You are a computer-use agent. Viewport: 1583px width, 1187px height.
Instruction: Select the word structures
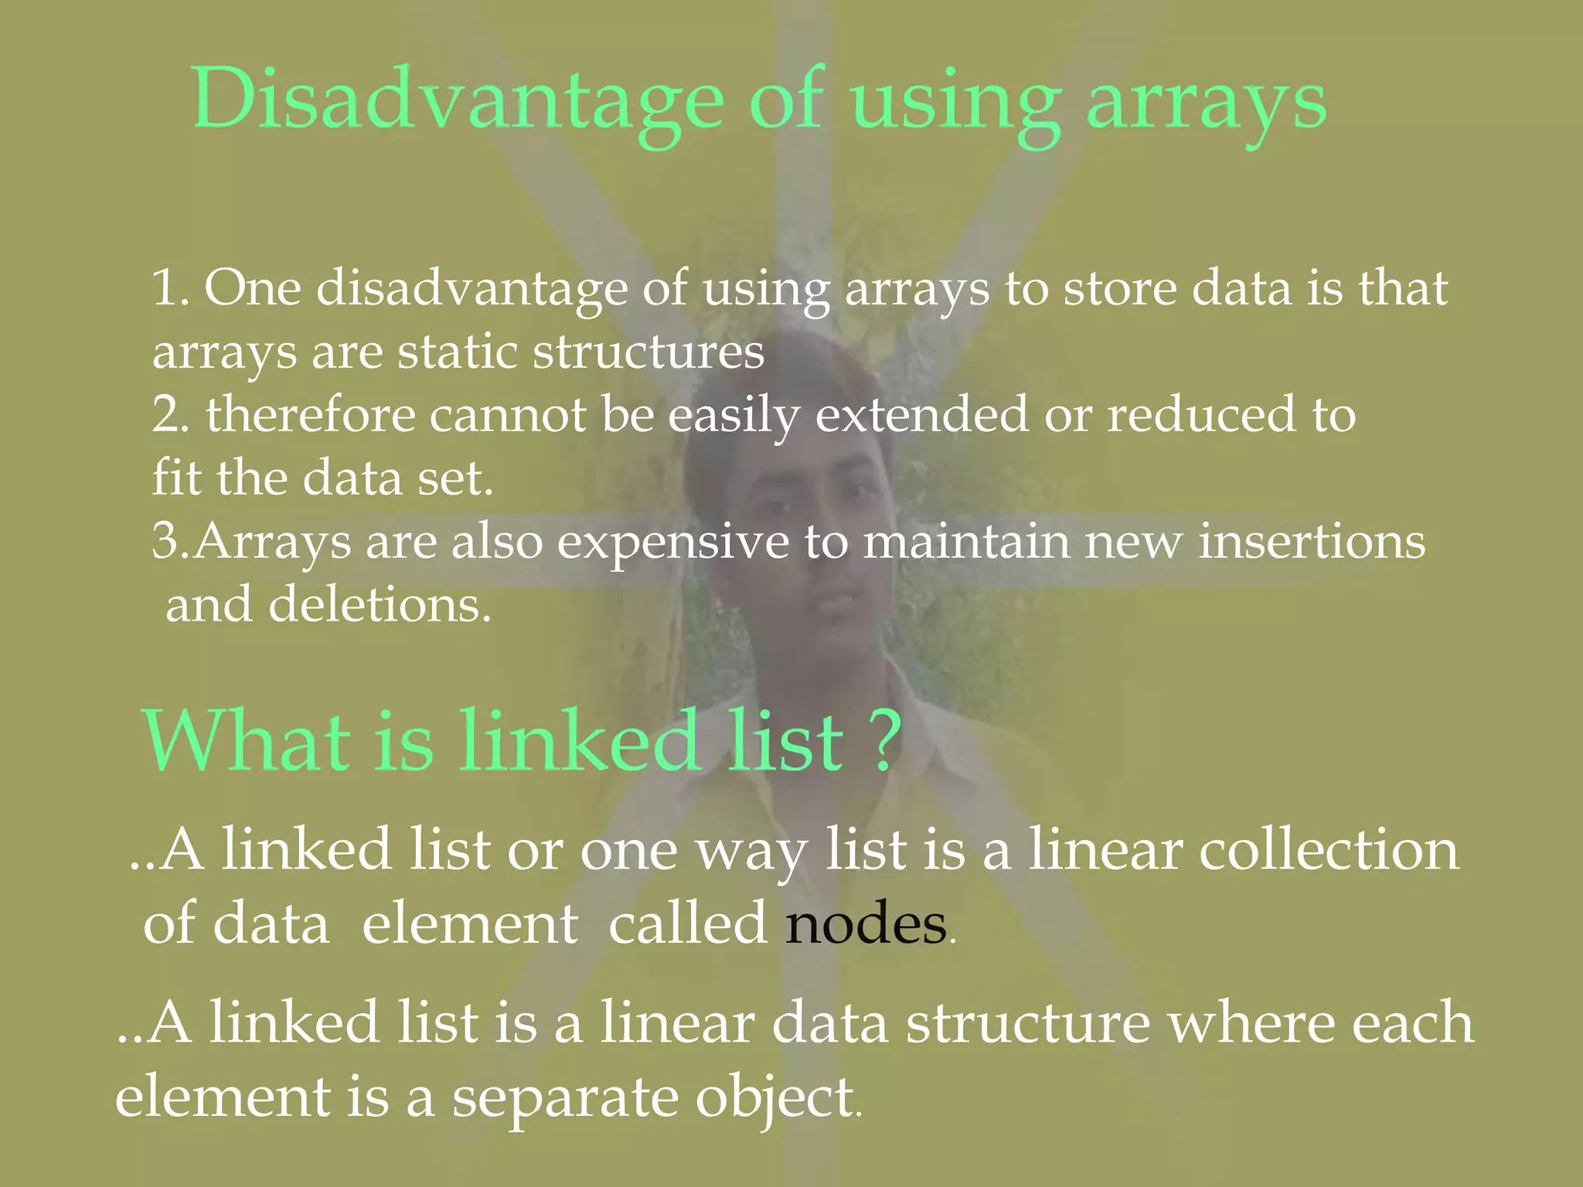[x=649, y=352]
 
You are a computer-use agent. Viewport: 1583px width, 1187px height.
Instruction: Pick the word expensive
[x=672, y=542]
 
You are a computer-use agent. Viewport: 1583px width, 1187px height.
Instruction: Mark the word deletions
[x=379, y=604]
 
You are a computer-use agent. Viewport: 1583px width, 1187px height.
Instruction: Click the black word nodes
[x=866, y=924]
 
